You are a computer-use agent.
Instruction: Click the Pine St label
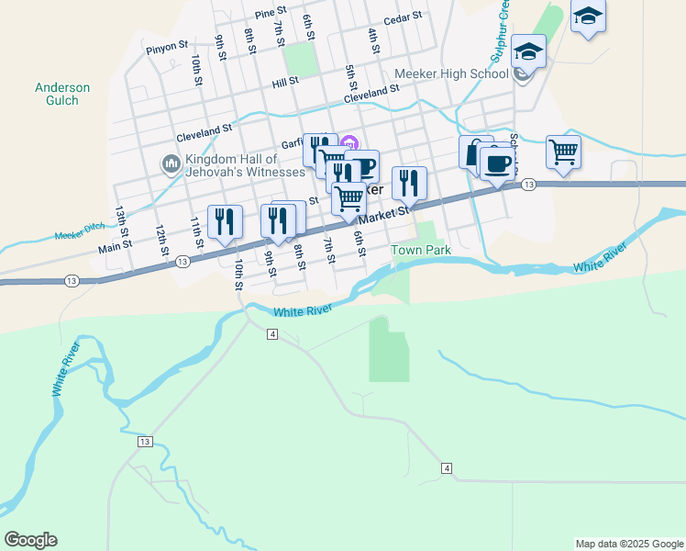coord(271,14)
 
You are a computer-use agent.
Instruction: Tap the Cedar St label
coord(403,17)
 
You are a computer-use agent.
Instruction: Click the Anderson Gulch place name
coord(62,94)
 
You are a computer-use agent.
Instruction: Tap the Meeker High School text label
coord(451,73)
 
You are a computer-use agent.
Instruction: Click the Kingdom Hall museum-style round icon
coord(171,164)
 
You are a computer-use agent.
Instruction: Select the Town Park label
coord(422,250)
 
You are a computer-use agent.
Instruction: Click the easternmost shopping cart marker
coord(562,151)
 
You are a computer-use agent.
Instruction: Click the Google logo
coord(31,540)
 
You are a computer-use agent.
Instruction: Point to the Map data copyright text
coord(629,544)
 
